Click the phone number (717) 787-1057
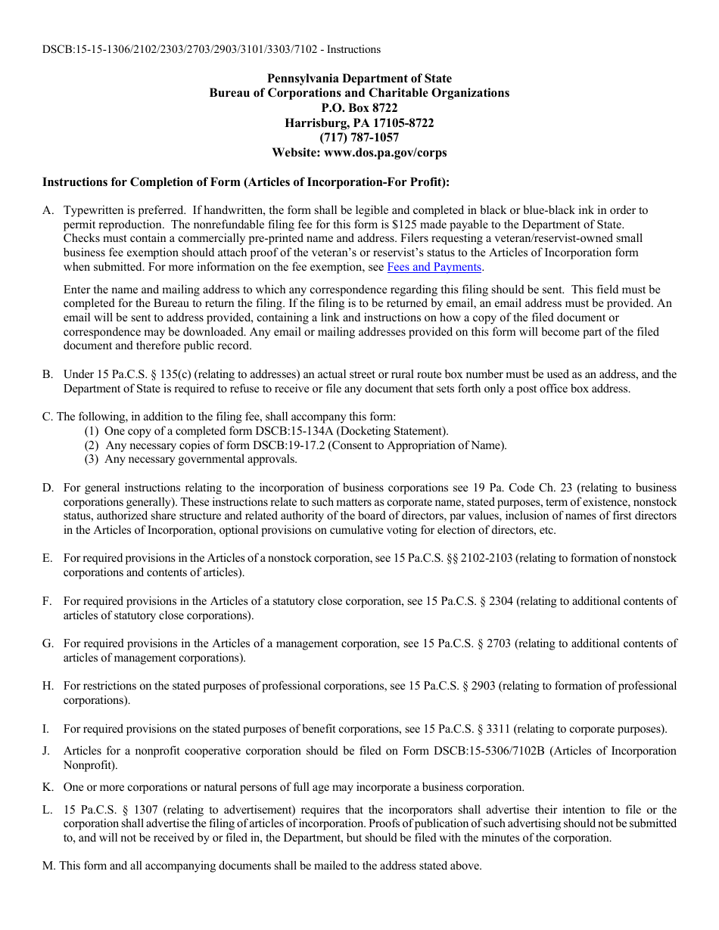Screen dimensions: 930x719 click(359, 138)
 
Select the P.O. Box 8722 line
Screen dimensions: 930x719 click(359, 108)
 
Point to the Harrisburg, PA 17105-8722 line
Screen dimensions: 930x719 click(359, 123)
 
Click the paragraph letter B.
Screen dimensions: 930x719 click(47, 374)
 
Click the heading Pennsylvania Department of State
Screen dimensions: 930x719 click(359, 79)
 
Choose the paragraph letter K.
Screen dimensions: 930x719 click(47, 787)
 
